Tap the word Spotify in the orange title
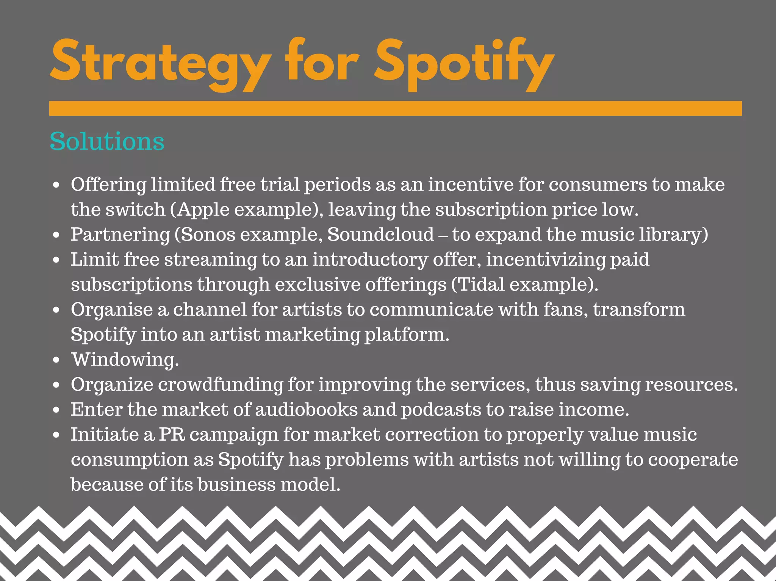464,62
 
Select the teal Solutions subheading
107,142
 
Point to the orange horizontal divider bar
395,108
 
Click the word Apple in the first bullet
203,209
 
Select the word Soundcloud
380,234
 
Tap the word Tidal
481,284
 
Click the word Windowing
125,359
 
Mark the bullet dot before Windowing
56,360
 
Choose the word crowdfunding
221,384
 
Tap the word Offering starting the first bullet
108,184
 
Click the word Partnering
120,234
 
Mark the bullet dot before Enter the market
56,410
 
